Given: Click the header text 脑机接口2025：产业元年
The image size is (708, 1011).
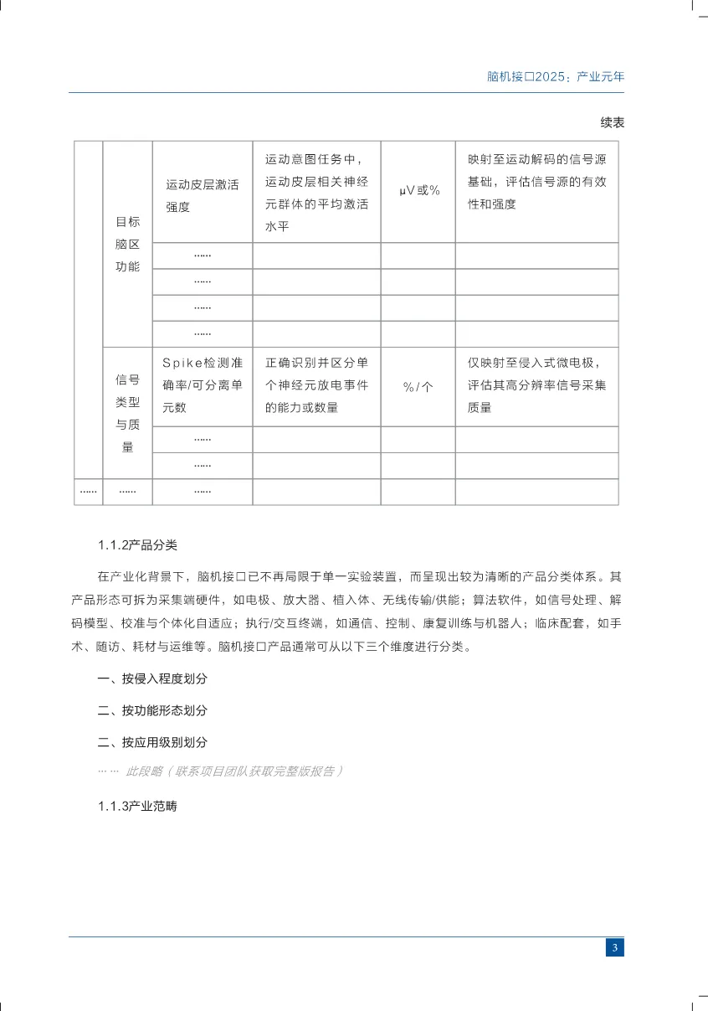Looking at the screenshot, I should [555, 76].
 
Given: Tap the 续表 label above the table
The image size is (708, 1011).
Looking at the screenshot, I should [612, 122].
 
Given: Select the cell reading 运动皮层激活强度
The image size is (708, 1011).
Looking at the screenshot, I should [202, 195].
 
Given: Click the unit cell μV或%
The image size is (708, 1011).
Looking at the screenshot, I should [418, 191].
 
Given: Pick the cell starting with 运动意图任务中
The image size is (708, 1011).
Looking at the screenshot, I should [316, 192].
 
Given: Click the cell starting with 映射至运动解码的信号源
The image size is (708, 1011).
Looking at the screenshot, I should [536, 181].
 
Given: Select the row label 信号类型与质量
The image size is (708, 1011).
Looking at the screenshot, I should [127, 413].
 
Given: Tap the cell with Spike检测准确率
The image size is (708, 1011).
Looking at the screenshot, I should [202, 385].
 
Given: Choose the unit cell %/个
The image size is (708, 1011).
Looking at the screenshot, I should [418, 387].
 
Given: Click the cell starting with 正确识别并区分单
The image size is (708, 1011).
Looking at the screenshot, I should [316, 385].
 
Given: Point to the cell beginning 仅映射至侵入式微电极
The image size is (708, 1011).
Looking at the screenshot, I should [536, 385].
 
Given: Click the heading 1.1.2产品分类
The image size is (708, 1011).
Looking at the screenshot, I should [137, 545].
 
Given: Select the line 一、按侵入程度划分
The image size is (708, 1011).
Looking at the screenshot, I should [152, 678].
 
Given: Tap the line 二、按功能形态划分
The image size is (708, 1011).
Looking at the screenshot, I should [152, 710].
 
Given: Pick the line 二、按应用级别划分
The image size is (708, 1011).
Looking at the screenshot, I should [152, 742].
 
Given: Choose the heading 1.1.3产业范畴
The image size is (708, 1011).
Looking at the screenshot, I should [137, 807].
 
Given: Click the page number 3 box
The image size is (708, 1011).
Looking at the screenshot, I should [614, 947].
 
